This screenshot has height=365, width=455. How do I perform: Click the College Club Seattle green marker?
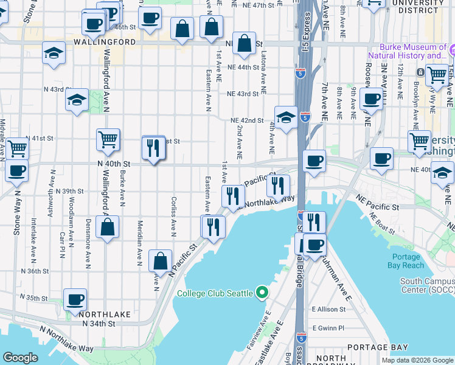click(262, 293)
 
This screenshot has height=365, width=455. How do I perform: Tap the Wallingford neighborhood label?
click(105, 43)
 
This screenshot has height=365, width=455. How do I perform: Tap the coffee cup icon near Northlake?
click(75, 299)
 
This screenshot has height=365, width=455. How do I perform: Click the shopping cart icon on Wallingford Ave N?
click(108, 139)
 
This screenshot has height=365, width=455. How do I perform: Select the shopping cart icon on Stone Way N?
click(17, 147)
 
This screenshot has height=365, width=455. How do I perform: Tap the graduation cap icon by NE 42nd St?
click(285, 117)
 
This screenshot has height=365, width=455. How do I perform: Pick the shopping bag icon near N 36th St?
click(160, 261)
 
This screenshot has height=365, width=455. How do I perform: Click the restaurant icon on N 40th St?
click(153, 148)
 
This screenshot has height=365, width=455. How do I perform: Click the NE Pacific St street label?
click(378, 207)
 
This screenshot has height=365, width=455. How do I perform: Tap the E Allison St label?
click(328, 310)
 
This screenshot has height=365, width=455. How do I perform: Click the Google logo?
click(20, 358)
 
